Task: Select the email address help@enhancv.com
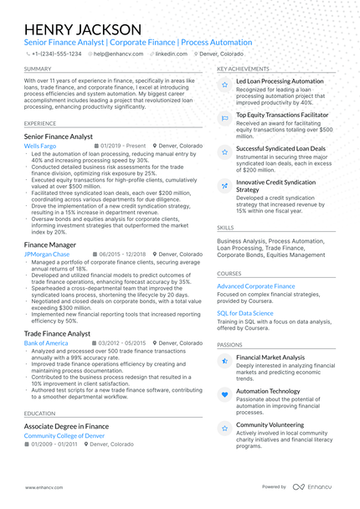[117, 53]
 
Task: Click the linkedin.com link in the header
[171, 53]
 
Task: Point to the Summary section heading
[38, 69]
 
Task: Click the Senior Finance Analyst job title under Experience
[59, 136]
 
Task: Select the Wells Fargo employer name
[41, 146]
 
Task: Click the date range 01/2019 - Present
[123, 146]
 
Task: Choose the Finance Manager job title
[50, 244]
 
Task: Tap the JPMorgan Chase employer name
[48, 254]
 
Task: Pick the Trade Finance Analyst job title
[58, 333]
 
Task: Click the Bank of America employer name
[46, 343]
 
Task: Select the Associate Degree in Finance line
[66, 426]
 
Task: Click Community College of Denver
[64, 436]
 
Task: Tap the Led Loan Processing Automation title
[280, 81]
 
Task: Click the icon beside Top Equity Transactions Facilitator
[224, 119]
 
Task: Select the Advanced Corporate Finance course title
[255, 286]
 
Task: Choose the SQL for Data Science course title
[245, 313]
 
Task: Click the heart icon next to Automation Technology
[224, 394]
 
